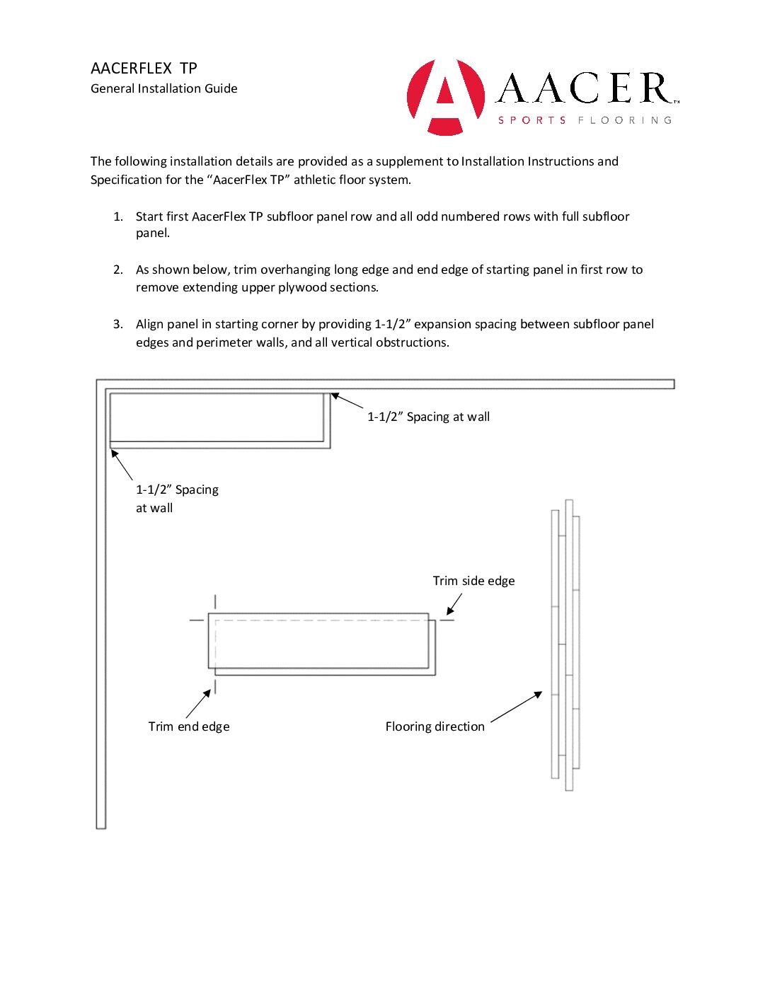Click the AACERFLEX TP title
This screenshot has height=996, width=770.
click(144, 69)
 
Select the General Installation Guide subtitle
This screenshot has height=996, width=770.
click(163, 88)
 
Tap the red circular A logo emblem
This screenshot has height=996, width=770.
click(446, 97)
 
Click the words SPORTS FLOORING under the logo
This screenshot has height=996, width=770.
click(585, 120)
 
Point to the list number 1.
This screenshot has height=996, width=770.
click(118, 216)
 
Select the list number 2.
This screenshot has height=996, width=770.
click(118, 270)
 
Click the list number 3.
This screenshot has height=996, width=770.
click(118, 324)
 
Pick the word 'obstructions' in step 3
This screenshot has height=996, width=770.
click(413, 342)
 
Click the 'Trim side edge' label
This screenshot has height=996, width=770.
click(473, 581)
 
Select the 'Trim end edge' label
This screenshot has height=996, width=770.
click(189, 726)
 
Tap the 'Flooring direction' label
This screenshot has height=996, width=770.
click(435, 726)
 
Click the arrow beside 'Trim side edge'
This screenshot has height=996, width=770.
click(454, 604)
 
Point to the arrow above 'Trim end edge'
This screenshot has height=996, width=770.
click(198, 704)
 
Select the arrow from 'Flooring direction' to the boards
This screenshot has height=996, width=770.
click(516, 707)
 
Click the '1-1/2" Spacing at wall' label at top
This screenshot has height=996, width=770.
click(428, 417)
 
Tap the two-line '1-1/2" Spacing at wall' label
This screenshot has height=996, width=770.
click(177, 498)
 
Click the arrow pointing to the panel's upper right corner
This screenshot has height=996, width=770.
click(347, 401)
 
